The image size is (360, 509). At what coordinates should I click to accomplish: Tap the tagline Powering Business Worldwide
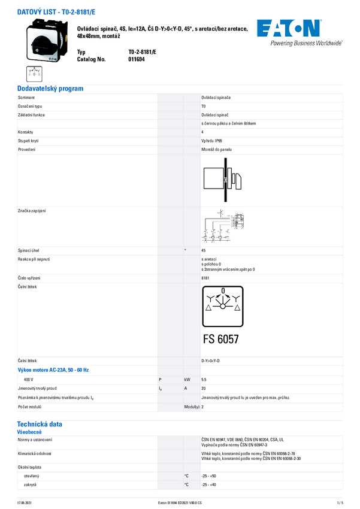(306, 43)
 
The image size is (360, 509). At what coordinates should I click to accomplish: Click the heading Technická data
(40, 424)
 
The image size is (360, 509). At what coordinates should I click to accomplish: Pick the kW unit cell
(187, 380)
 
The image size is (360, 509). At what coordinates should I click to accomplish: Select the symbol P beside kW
(160, 380)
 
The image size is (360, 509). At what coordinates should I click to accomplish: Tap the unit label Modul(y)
(191, 407)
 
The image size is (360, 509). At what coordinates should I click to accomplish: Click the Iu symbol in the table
(160, 389)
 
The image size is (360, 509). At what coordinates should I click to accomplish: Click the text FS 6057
(220, 339)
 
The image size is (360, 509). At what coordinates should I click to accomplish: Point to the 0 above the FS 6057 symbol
(222, 291)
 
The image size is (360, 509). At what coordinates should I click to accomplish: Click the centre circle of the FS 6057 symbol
(222, 306)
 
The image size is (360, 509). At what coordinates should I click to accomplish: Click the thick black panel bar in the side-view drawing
(225, 180)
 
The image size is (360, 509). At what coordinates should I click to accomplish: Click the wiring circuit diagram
(223, 227)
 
